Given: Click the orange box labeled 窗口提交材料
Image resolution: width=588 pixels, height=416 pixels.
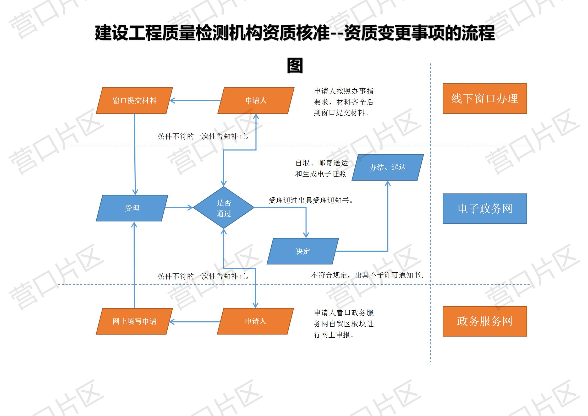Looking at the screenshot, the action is (134, 100).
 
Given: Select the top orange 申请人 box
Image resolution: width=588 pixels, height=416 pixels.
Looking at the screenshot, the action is (256, 100).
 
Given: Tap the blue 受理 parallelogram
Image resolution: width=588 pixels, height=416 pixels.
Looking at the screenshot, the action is (132, 208).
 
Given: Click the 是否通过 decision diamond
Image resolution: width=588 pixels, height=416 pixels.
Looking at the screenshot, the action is (224, 208).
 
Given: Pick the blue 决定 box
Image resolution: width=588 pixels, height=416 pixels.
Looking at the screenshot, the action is (303, 251).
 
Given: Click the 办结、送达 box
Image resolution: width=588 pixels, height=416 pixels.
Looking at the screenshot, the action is (388, 167).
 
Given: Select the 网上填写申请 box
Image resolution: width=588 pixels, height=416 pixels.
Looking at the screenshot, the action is (134, 321).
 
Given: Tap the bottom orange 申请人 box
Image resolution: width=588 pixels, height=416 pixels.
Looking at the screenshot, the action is (255, 321).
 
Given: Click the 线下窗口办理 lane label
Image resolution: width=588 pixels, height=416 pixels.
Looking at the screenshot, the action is (485, 99).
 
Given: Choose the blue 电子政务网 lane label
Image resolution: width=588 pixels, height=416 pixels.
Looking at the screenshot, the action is (485, 209).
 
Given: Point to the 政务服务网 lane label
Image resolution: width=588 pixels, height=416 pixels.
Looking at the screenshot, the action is (485, 321).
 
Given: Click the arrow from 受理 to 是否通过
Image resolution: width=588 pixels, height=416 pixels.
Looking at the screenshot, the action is (179, 208).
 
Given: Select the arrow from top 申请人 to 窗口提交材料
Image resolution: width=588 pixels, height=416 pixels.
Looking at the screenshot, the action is (195, 100).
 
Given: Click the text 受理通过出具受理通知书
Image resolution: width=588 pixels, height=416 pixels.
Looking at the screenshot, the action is (311, 201).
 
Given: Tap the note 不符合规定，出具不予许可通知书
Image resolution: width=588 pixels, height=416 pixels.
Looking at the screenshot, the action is (368, 275).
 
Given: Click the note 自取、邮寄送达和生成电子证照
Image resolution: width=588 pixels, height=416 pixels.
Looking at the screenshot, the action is (321, 168).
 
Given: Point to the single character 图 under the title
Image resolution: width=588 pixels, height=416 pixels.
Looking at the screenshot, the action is (295, 66).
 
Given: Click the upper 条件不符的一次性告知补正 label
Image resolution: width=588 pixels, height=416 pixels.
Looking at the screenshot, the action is (204, 136).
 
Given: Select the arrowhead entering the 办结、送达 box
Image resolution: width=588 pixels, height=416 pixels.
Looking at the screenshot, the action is (388, 183).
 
